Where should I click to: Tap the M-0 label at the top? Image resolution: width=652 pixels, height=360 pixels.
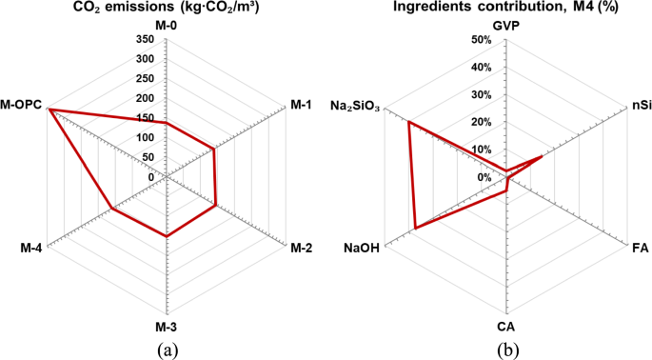point(167,27)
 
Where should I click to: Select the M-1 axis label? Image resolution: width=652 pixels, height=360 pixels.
point(300,105)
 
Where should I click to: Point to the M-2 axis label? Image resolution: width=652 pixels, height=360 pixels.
point(301,250)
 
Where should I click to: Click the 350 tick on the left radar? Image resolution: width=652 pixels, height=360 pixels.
point(145,40)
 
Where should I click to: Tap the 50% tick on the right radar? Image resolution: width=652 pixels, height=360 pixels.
point(480,40)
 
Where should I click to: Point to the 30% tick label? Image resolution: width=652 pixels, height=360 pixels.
point(480,95)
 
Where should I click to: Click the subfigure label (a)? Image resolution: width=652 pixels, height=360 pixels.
point(166,348)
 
